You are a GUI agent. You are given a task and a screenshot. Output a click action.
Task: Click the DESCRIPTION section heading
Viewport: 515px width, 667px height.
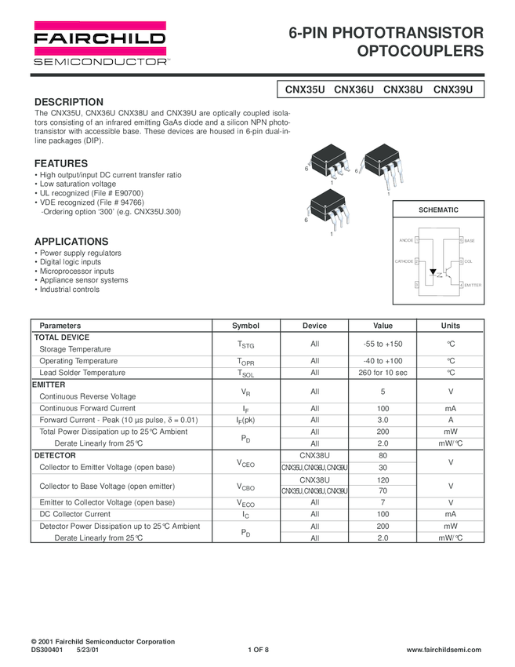[x=69, y=102]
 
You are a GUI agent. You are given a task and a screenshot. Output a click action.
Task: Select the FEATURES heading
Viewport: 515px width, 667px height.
[x=61, y=163]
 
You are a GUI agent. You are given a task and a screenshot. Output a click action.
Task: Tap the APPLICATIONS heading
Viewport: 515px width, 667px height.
[x=71, y=241]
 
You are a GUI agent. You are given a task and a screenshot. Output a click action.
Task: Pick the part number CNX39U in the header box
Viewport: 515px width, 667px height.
[x=453, y=89]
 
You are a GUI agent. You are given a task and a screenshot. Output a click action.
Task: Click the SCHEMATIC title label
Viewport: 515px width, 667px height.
[x=438, y=210]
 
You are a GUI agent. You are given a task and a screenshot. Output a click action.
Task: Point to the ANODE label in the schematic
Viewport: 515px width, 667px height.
[x=406, y=239]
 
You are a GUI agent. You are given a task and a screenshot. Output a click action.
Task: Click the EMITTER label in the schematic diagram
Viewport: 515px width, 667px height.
[x=473, y=285]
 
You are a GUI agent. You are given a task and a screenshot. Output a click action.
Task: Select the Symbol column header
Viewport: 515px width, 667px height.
[x=245, y=326]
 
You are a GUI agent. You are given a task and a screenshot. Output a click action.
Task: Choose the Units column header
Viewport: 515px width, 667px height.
[x=451, y=326]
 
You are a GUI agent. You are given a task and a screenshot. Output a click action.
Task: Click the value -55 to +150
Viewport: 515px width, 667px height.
[x=383, y=344]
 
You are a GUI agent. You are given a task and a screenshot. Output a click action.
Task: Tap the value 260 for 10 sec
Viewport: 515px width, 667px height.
[x=383, y=373]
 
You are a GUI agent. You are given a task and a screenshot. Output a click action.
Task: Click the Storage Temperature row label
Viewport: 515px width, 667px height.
[x=75, y=349]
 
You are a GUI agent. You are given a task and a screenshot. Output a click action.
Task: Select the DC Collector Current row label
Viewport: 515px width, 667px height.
[x=75, y=514]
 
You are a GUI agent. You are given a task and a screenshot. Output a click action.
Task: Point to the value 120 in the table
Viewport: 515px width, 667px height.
[x=383, y=479]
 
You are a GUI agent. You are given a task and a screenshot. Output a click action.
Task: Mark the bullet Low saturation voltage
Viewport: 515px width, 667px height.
[x=78, y=184]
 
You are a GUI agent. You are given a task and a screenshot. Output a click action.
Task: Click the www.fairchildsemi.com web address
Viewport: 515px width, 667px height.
[x=444, y=651]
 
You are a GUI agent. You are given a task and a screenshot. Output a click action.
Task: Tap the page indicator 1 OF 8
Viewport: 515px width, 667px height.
[x=258, y=651]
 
